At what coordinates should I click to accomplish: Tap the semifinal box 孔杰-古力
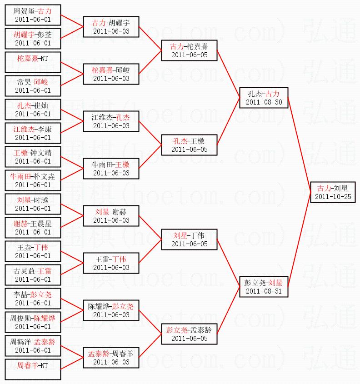click(x=264, y=97)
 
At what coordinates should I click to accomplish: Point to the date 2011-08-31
click(x=264, y=291)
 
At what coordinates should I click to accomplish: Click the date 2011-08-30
click(x=264, y=102)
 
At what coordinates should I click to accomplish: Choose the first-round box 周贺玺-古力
click(x=33, y=15)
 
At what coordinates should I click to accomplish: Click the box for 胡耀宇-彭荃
click(x=33, y=39)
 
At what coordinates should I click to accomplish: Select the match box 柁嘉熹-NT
click(x=33, y=62)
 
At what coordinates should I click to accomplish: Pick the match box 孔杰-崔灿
click(x=33, y=110)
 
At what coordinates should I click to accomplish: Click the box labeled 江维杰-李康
click(x=33, y=133)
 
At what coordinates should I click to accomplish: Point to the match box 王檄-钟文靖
click(x=33, y=157)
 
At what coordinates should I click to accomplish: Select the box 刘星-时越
click(x=33, y=204)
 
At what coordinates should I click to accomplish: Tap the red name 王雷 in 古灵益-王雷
click(x=45, y=271)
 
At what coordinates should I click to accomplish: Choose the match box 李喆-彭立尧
click(x=33, y=299)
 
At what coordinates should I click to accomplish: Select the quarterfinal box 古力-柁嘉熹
click(x=189, y=50)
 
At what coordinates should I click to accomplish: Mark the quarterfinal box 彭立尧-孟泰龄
click(x=189, y=334)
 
